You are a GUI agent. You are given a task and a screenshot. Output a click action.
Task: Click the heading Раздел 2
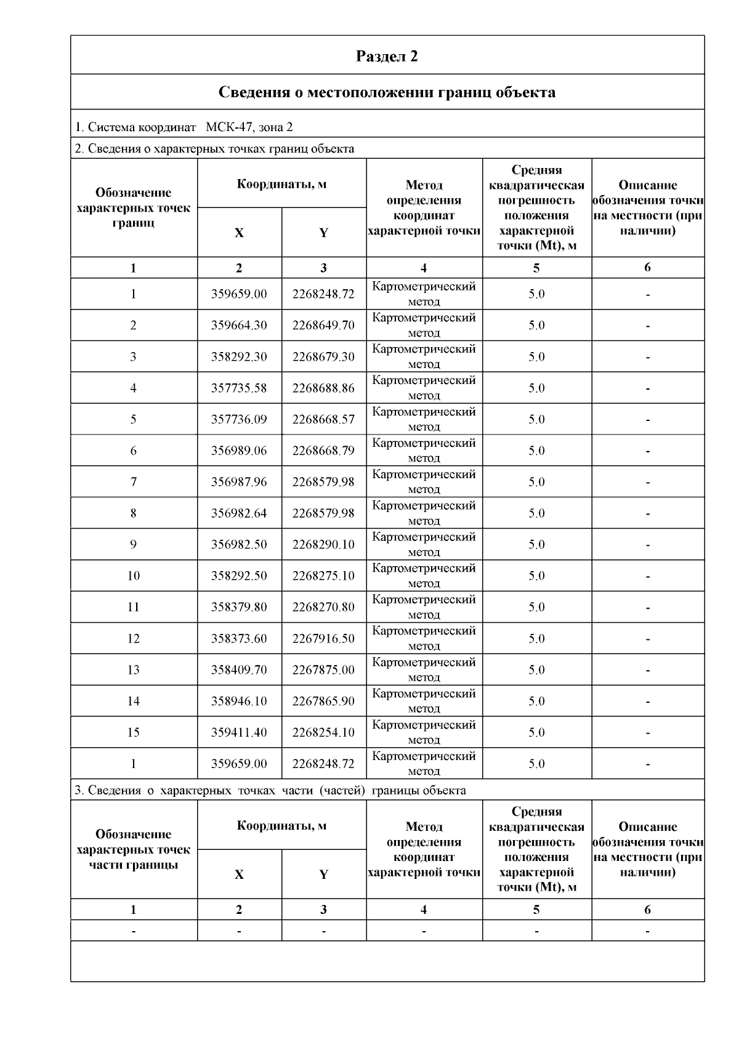(387, 56)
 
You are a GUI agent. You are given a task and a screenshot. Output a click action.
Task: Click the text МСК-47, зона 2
(249, 127)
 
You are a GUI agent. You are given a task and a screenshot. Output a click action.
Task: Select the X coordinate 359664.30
(239, 326)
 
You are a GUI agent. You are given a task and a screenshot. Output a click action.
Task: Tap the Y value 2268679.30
(323, 357)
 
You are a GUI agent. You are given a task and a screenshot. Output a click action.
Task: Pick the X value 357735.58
(239, 388)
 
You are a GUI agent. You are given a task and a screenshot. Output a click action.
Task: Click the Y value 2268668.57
(323, 420)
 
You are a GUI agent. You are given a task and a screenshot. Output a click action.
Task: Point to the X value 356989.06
(239, 451)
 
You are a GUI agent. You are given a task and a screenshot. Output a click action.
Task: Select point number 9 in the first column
(133, 545)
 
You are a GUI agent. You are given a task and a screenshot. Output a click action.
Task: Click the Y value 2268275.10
(323, 576)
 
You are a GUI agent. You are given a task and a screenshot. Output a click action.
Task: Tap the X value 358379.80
(239, 607)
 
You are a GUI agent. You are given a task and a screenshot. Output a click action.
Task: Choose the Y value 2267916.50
(323, 639)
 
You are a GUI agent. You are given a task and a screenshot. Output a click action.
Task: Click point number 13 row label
(133, 670)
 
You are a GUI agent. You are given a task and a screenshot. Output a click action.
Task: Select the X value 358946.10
(239, 702)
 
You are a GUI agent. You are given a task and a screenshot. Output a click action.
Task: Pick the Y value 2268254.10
(323, 732)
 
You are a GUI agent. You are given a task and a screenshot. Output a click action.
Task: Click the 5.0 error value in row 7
(536, 482)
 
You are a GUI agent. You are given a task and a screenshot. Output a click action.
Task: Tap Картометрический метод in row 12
(424, 638)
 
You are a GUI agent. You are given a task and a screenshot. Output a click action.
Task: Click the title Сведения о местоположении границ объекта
(387, 92)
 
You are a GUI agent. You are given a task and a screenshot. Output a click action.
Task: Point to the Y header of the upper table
(323, 233)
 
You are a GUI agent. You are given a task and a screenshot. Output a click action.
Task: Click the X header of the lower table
(239, 875)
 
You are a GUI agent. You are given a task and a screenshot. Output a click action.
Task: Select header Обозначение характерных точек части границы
(133, 849)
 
